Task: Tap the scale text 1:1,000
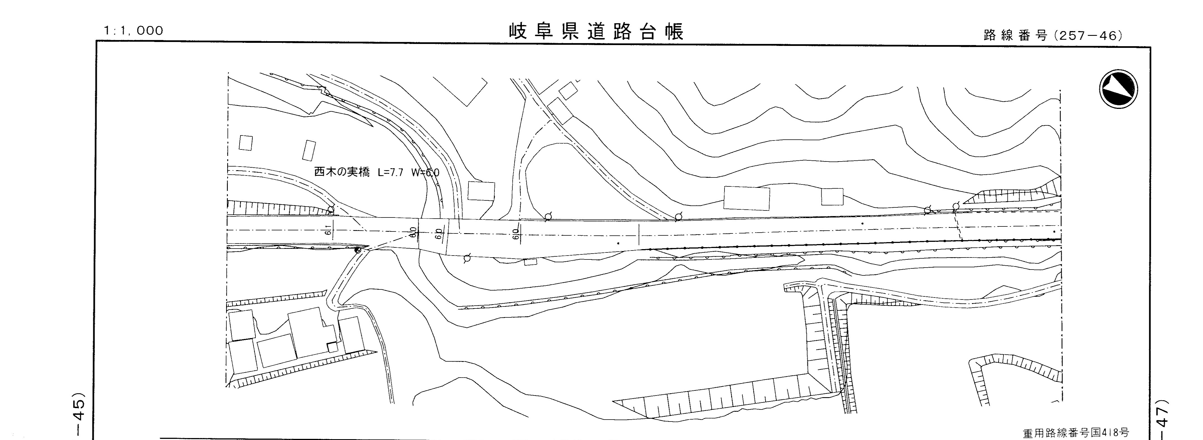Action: click(x=134, y=31)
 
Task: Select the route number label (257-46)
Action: click(x=1053, y=36)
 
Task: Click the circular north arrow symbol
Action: click(x=1118, y=89)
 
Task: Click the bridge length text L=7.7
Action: click(x=390, y=172)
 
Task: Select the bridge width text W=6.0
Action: click(x=425, y=172)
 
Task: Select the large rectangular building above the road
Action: click(x=746, y=198)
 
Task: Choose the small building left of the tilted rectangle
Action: click(x=246, y=143)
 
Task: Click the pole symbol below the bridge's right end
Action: click(x=466, y=258)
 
